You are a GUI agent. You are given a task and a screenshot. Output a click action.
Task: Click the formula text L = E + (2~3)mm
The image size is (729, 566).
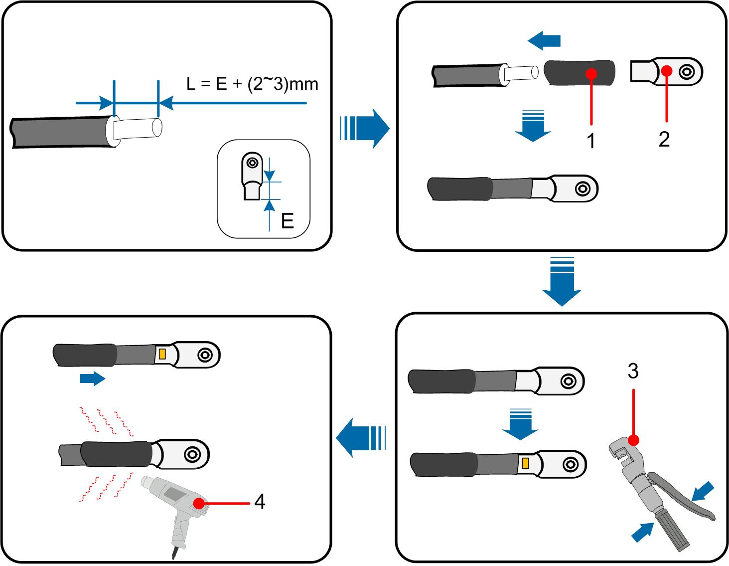(252, 84)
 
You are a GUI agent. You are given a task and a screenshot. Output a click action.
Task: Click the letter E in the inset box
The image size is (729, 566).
(287, 220)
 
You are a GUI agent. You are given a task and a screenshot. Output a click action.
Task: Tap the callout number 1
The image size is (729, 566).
(591, 141)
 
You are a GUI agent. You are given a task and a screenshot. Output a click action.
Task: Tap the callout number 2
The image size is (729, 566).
(664, 139)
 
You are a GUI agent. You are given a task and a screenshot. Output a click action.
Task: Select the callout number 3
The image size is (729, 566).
(633, 371)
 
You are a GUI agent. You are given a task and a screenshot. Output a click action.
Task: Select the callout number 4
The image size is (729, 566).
(260, 502)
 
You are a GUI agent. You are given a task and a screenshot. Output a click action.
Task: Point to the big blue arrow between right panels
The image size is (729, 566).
(562, 282)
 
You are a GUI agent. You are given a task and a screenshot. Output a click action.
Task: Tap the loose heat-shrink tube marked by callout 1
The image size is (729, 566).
(579, 73)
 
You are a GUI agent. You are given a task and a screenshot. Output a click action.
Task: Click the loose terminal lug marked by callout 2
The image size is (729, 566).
(666, 71)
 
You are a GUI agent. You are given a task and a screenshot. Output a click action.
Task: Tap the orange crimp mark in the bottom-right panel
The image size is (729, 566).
(525, 464)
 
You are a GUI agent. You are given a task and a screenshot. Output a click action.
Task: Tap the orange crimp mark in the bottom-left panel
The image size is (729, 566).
(162, 354)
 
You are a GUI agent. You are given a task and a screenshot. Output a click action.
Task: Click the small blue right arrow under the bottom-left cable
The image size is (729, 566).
(92, 379)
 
